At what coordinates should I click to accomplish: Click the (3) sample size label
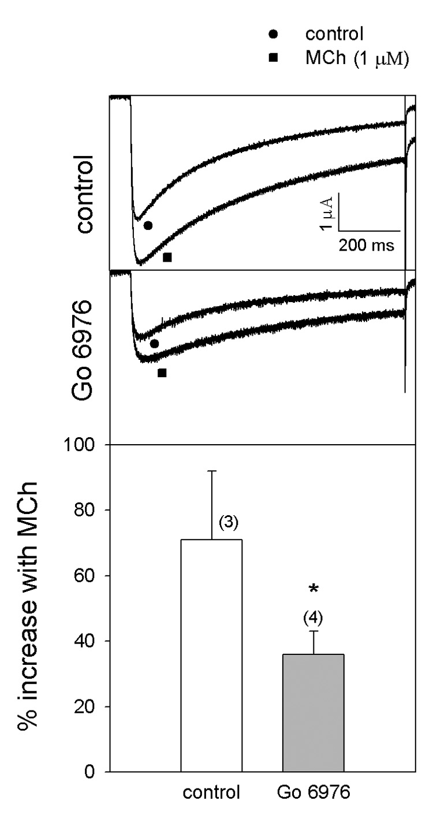(229, 523)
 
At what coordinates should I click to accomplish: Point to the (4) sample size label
(313, 618)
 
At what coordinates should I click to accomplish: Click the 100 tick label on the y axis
(87, 445)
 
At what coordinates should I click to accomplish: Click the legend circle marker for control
(274, 34)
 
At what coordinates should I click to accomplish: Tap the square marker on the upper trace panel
(167, 258)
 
